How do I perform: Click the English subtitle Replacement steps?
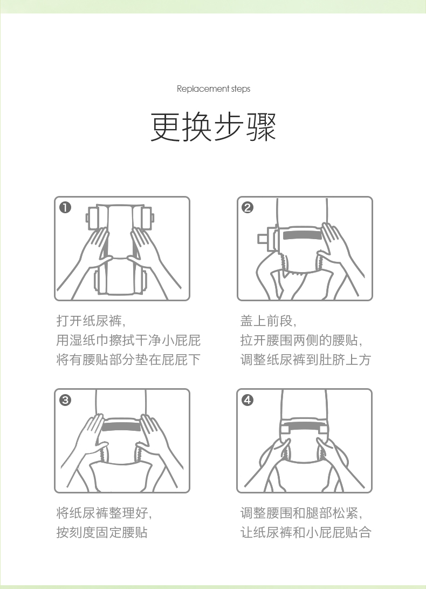pyautogui.click(x=213, y=89)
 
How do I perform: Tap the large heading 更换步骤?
pyautogui.click(x=213, y=127)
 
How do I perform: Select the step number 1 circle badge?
pyautogui.click(x=65, y=207)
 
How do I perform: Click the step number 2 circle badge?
pyautogui.click(x=248, y=207)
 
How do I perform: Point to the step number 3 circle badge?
pyautogui.click(x=65, y=400)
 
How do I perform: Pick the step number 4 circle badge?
pyautogui.click(x=248, y=400)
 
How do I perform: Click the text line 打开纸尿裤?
pyautogui.click(x=91, y=321)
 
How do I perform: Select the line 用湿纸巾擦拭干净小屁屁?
pyautogui.click(x=128, y=340)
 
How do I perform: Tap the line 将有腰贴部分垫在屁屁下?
pyautogui.click(x=128, y=360)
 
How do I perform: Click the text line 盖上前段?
pyautogui.click(x=268, y=321)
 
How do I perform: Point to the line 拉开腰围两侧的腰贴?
pyautogui.click(x=301, y=340)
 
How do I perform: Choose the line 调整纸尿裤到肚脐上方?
pyautogui.click(x=306, y=360)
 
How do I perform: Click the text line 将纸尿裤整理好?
pyautogui.click(x=104, y=513)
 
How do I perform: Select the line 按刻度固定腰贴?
pyautogui.click(x=102, y=532)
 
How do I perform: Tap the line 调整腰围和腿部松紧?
pyautogui.click(x=301, y=513)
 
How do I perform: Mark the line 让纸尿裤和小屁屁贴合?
pyautogui.click(x=306, y=532)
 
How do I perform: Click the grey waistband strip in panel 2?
pyautogui.click(x=301, y=236)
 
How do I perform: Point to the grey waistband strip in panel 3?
pyautogui.click(x=121, y=426)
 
